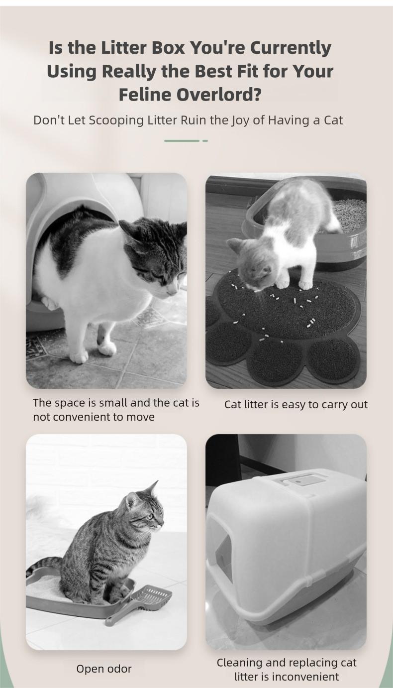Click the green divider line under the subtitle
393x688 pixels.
tap(182, 141)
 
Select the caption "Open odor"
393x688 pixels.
tap(104, 669)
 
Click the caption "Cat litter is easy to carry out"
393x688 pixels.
tap(295, 404)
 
